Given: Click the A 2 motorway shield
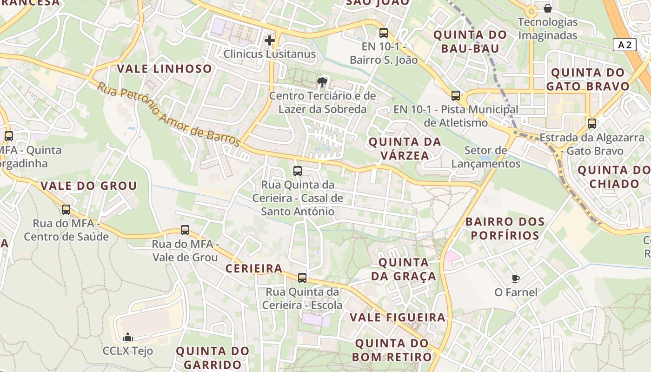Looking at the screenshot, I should click(625, 45).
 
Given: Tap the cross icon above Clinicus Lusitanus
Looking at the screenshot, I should click(269, 40).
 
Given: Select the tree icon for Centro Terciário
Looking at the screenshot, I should click(321, 83).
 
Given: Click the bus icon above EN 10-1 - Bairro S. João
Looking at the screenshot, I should click(383, 33).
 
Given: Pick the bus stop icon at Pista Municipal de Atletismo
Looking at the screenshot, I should click(456, 96).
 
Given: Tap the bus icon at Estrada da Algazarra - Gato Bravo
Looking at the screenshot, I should click(591, 124).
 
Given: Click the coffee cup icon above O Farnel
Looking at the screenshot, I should click(515, 279).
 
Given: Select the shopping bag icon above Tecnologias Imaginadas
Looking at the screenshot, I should click(548, 8).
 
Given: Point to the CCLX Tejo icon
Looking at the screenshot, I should click(127, 337).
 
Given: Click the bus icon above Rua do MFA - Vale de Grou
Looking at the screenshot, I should click(185, 230).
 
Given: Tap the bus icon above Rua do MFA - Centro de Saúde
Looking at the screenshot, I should click(66, 210).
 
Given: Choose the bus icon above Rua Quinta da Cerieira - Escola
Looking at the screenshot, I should click(302, 278).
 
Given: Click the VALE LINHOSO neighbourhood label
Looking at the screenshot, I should click(164, 69).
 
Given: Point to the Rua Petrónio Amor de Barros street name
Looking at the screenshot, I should click(168, 114).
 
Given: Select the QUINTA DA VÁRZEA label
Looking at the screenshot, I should click(405, 149).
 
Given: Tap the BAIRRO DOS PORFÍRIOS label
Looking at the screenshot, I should click(505, 228).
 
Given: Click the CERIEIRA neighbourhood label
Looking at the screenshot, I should click(254, 269).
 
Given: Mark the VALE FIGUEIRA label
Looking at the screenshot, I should click(397, 318).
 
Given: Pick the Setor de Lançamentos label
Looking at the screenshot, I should click(486, 157).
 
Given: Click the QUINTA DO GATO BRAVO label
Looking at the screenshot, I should click(588, 80).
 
